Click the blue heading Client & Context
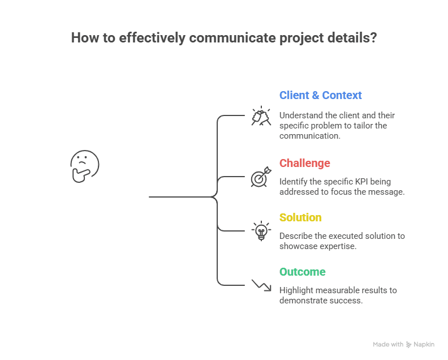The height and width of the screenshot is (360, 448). [x=320, y=95]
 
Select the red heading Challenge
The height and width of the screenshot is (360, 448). [x=304, y=163]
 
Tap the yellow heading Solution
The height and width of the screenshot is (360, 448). [x=300, y=217]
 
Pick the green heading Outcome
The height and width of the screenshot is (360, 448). [x=302, y=272]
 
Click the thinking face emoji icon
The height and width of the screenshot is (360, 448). [x=84, y=166]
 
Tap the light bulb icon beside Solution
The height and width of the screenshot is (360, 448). [x=261, y=231]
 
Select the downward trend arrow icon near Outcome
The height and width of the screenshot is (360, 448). [x=261, y=285]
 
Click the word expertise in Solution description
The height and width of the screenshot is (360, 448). [x=338, y=246]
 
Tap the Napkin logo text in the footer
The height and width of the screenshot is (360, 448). [x=424, y=344]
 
